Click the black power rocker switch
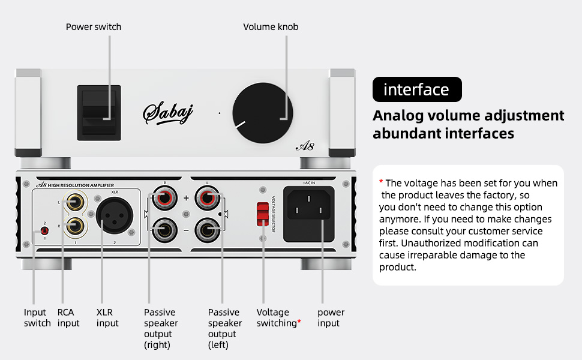99,112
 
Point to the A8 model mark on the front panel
304,146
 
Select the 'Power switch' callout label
94,27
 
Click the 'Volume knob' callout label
271,27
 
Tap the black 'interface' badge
417,90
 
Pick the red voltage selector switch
262,214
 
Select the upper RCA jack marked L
76,203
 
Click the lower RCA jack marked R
76,226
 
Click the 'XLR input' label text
108,318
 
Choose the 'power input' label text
331,318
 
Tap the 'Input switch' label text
37,318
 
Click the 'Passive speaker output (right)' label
161,329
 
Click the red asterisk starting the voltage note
381,182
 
